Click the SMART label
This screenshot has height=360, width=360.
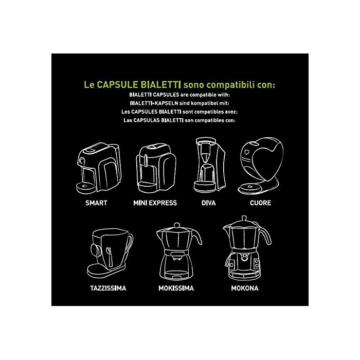pos(96,203)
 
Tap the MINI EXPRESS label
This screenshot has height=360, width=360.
pos(155,203)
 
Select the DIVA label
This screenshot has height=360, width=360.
pos(208,203)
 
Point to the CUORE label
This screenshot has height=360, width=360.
pos(260,203)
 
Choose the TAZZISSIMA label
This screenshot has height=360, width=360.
pos(108,288)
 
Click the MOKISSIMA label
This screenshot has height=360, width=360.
pos(176,288)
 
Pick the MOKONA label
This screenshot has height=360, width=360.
pos(245,288)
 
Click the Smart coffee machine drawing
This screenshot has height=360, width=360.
pos(99,169)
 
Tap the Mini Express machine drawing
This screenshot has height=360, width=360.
pos(156,169)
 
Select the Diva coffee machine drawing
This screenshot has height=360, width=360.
pos(209,165)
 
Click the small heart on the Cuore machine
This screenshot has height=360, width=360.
pos(247,152)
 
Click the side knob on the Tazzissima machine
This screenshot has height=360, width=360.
pos(94,250)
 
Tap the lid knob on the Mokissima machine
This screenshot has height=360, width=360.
pos(177,225)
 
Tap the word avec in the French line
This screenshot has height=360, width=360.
pos(231,112)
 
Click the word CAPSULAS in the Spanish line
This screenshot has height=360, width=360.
pos(147,120)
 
